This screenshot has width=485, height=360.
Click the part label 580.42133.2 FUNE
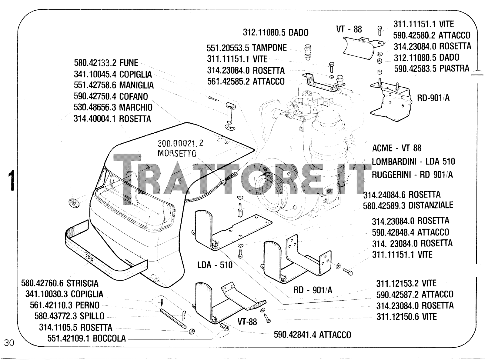[106, 63]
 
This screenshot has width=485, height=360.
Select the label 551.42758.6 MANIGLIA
[114, 85]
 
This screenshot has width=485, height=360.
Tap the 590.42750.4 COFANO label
[111, 97]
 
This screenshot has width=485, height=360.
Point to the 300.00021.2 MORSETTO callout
[180, 148]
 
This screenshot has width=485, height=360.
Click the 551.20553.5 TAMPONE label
[246, 48]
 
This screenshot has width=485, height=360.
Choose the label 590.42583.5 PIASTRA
[432, 69]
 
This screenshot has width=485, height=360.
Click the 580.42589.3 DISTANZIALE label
[408, 206]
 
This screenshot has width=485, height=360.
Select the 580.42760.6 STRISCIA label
[60, 283]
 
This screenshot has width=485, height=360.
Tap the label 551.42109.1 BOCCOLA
[86, 338]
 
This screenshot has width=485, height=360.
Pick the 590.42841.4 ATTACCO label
[312, 335]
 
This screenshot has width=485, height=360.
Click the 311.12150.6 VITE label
[406, 317]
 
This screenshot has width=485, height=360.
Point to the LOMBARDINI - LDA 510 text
[413, 162]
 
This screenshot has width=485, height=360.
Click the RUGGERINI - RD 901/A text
[412, 175]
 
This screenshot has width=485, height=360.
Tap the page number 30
[9, 343]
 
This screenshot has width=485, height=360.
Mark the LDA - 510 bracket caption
[215, 265]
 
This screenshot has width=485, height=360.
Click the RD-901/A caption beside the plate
[433, 98]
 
